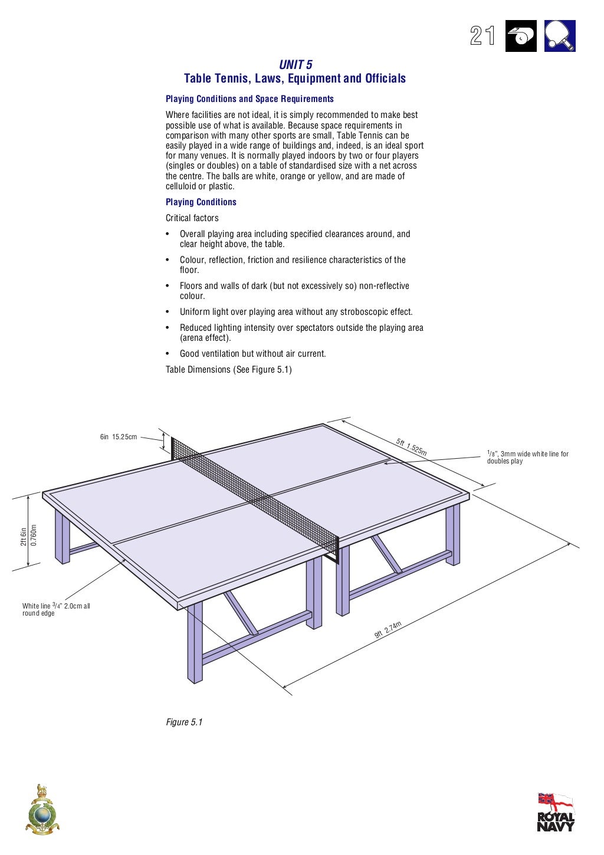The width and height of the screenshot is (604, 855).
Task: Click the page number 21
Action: point(482,36)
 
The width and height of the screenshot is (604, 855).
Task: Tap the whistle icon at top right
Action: point(521,37)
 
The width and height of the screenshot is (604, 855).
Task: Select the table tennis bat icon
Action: point(559,36)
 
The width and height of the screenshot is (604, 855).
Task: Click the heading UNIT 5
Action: point(296,65)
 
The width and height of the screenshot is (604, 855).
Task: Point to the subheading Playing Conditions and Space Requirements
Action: point(250,99)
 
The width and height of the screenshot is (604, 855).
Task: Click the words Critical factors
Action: point(192,218)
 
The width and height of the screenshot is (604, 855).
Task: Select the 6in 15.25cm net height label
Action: point(118,437)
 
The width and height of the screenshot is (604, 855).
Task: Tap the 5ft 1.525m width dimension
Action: point(411,447)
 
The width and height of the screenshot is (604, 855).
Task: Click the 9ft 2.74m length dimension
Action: point(388,630)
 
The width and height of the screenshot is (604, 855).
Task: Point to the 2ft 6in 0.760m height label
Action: point(28,535)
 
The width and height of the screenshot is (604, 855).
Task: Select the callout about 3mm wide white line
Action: point(527,458)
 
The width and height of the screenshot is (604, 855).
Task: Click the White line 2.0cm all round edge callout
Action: point(56,609)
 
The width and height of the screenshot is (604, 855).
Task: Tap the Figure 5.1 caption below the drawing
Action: point(184,722)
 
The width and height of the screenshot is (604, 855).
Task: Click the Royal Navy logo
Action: point(555,812)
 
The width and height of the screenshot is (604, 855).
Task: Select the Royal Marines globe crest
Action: point(42,810)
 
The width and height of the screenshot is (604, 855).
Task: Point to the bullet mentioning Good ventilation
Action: point(252,354)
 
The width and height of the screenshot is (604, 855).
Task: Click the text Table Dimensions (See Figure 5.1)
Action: point(228,370)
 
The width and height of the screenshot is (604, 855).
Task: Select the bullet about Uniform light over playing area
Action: point(296,312)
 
